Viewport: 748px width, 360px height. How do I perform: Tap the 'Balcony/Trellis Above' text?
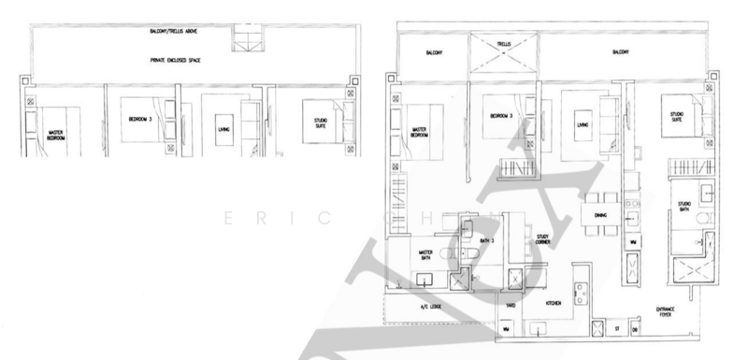click(177, 31)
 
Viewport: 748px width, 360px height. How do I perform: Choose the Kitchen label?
click(557, 304)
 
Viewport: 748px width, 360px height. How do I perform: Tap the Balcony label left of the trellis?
click(431, 52)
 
